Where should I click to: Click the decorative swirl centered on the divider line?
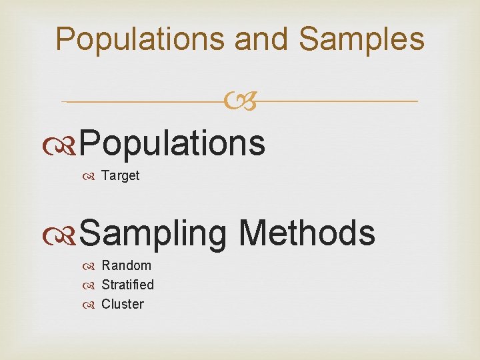[x=240, y=101]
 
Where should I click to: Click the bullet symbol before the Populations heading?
[x=68, y=143]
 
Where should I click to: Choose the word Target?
[x=120, y=176]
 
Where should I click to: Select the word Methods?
[x=307, y=233]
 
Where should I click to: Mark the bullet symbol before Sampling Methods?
[x=68, y=234]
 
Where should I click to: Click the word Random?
[x=126, y=265]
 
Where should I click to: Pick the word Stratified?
[x=127, y=285]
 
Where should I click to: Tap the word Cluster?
[x=122, y=304]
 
